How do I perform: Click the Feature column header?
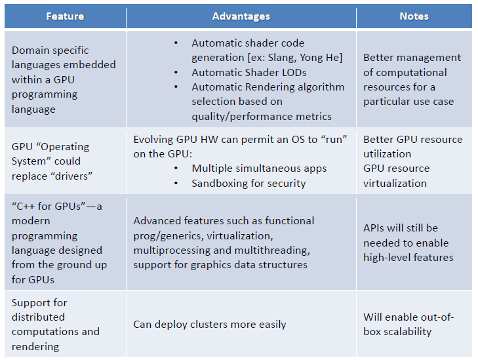tap(65, 16)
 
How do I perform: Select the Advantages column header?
tap(241, 16)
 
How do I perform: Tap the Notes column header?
tap(414, 16)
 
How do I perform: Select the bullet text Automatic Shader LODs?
tap(249, 73)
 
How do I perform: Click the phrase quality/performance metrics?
tap(262, 117)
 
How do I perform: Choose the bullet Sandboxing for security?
tap(249, 183)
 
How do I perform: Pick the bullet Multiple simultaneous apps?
tap(259, 169)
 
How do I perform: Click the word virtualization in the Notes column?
tap(395, 183)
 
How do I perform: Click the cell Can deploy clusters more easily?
tap(210, 325)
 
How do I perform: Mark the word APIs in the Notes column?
tap(372, 228)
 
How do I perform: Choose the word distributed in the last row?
tap(38, 317)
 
